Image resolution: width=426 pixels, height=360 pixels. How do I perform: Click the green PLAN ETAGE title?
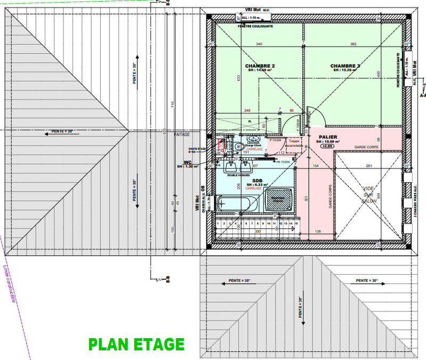[x=136, y=345]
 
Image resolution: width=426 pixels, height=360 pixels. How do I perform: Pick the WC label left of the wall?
[x=187, y=162]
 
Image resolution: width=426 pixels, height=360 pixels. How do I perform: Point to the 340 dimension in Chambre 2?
[x=259, y=44]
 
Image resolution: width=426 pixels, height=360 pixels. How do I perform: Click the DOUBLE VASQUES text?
[x=239, y=175]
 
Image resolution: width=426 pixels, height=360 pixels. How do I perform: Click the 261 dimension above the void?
[x=368, y=166]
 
